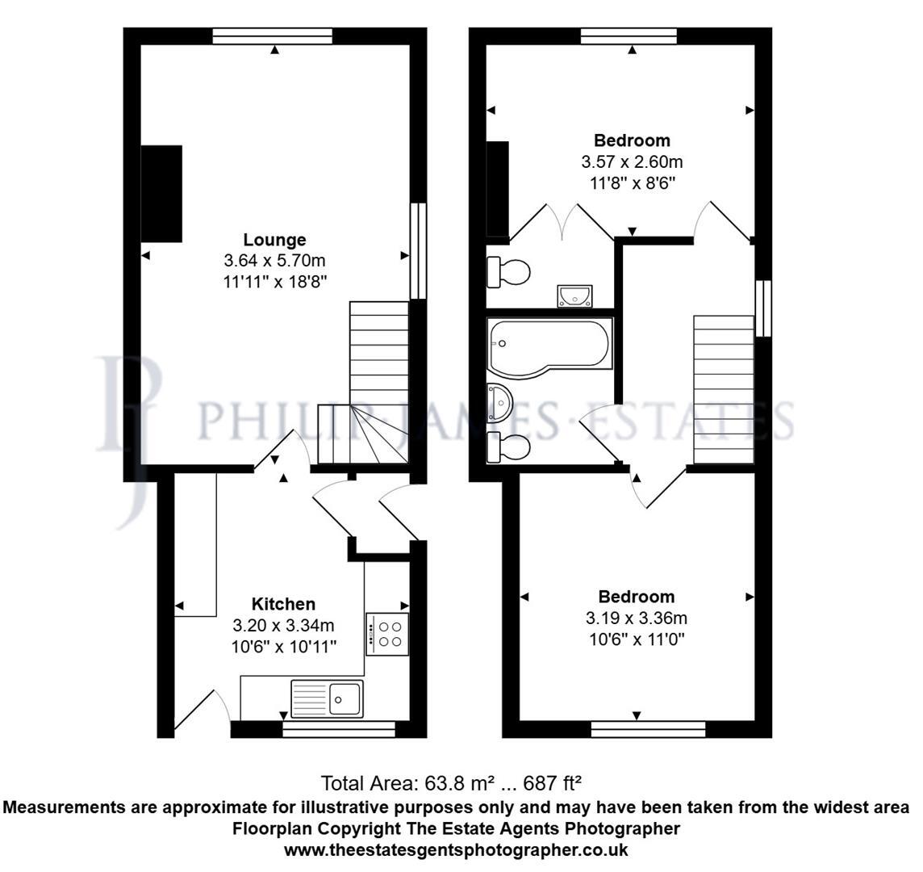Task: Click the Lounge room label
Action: tap(275, 240)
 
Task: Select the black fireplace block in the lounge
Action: tap(161, 193)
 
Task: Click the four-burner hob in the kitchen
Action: tap(387, 634)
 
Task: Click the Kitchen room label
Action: tap(283, 604)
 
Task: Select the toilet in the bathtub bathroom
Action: tap(507, 446)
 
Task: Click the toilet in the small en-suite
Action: tap(508, 272)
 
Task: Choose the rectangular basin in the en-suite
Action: tap(574, 296)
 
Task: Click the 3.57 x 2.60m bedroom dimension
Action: tap(632, 162)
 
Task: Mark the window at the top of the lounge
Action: tap(273, 36)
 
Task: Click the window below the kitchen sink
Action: tap(339, 730)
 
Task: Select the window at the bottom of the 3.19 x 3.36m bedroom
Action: tap(648, 730)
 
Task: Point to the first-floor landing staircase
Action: tap(724, 390)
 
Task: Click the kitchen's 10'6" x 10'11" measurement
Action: tap(283, 646)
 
